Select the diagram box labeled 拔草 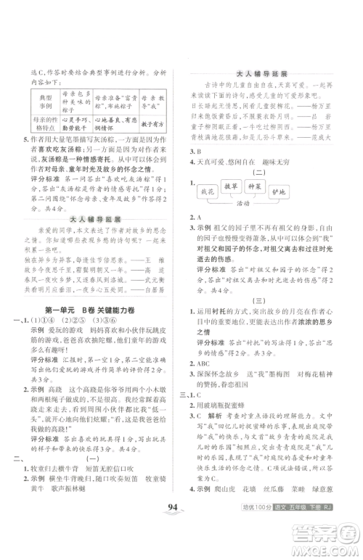click(246, 186)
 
